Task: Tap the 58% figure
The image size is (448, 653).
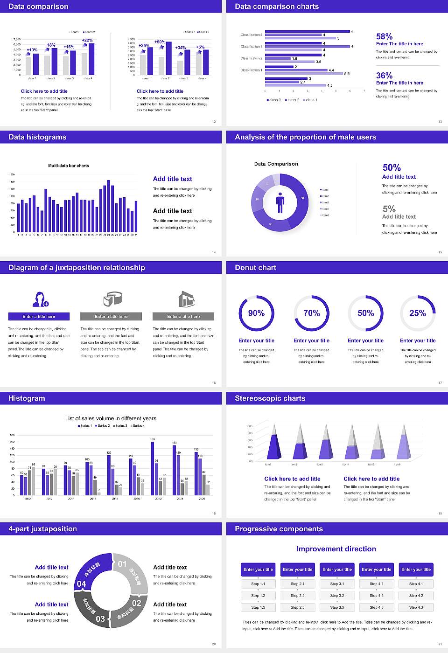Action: (384, 36)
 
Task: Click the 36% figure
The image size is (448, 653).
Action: (384, 76)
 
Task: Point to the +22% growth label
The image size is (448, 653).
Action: (87, 40)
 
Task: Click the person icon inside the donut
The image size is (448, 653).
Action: (280, 202)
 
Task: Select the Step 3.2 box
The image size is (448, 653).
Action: (337, 596)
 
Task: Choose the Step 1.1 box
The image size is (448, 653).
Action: (258, 584)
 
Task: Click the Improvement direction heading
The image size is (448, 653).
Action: (336, 549)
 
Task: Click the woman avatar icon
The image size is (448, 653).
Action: (40, 299)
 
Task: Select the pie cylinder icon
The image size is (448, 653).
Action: (112, 299)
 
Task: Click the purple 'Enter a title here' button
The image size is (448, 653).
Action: (39, 317)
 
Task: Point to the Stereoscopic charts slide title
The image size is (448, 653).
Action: (270, 398)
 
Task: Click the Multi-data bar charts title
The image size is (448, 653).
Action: (69, 166)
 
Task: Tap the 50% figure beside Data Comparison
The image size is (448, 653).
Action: (392, 168)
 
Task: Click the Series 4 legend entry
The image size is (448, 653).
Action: (138, 425)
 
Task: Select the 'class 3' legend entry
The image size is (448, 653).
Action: (274, 100)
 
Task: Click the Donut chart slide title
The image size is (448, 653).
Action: (255, 268)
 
